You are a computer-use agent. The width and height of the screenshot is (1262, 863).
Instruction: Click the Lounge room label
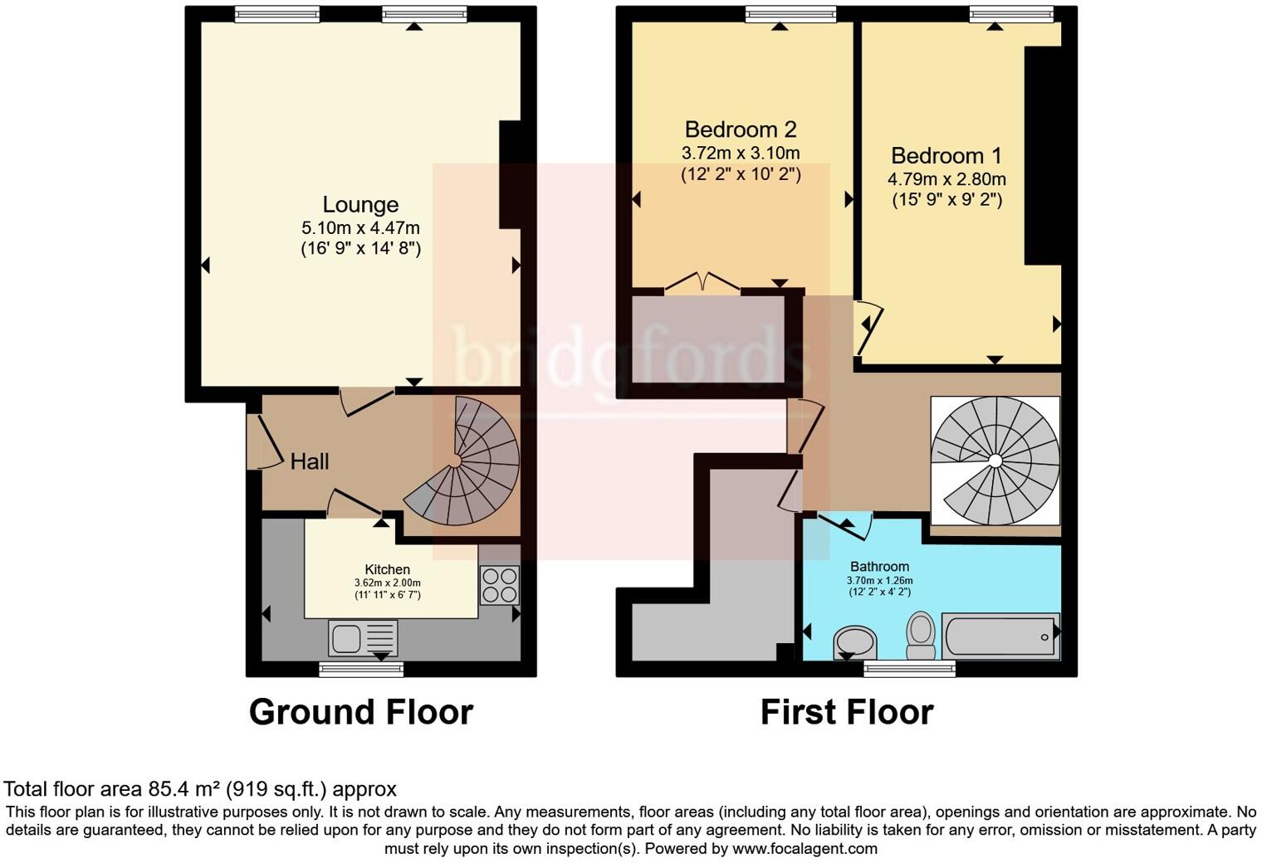360,204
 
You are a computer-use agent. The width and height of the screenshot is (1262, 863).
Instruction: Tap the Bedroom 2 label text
741,129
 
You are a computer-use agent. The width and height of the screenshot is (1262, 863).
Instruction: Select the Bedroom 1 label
946,155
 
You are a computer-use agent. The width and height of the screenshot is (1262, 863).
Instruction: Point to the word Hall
310,461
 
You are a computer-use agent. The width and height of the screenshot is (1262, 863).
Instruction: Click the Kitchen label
388,569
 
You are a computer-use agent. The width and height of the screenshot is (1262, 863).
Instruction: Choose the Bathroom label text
879,566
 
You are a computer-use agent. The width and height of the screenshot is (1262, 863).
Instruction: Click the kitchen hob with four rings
500,586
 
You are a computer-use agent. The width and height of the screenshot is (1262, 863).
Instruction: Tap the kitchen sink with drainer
363,637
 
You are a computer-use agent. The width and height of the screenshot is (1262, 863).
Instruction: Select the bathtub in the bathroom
1000,636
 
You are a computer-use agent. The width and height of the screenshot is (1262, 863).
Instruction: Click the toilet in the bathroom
921,635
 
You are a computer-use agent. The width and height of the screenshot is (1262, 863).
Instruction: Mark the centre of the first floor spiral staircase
995,461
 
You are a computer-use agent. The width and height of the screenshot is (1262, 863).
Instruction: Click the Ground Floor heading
361,712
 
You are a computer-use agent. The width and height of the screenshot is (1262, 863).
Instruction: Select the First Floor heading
847,712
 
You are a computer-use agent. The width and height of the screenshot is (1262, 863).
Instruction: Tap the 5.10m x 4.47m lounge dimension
360,228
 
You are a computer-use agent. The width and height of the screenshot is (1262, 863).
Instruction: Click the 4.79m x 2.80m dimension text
946,179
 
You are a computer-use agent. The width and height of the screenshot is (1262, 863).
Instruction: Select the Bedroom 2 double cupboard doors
702,281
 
